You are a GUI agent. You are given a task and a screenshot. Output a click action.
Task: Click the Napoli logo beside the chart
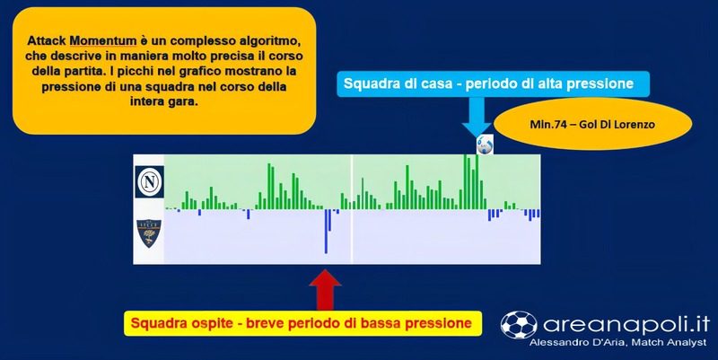(x=149, y=182)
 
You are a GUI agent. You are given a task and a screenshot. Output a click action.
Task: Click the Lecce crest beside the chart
(x=149, y=233)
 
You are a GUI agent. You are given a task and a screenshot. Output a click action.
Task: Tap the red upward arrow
(x=325, y=290)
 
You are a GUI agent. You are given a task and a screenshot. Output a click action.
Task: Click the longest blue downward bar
(x=326, y=232)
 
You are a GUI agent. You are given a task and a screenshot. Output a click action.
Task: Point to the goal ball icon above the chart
(x=485, y=145)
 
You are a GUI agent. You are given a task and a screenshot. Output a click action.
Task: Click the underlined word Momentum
(x=103, y=40)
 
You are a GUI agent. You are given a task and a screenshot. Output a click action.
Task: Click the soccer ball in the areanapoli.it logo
(x=519, y=325)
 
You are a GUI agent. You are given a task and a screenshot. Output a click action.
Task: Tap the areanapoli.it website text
(x=626, y=324)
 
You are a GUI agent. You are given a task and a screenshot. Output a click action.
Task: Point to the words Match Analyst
(x=670, y=343)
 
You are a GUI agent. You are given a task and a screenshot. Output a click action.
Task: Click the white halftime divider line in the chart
(x=352, y=209)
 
